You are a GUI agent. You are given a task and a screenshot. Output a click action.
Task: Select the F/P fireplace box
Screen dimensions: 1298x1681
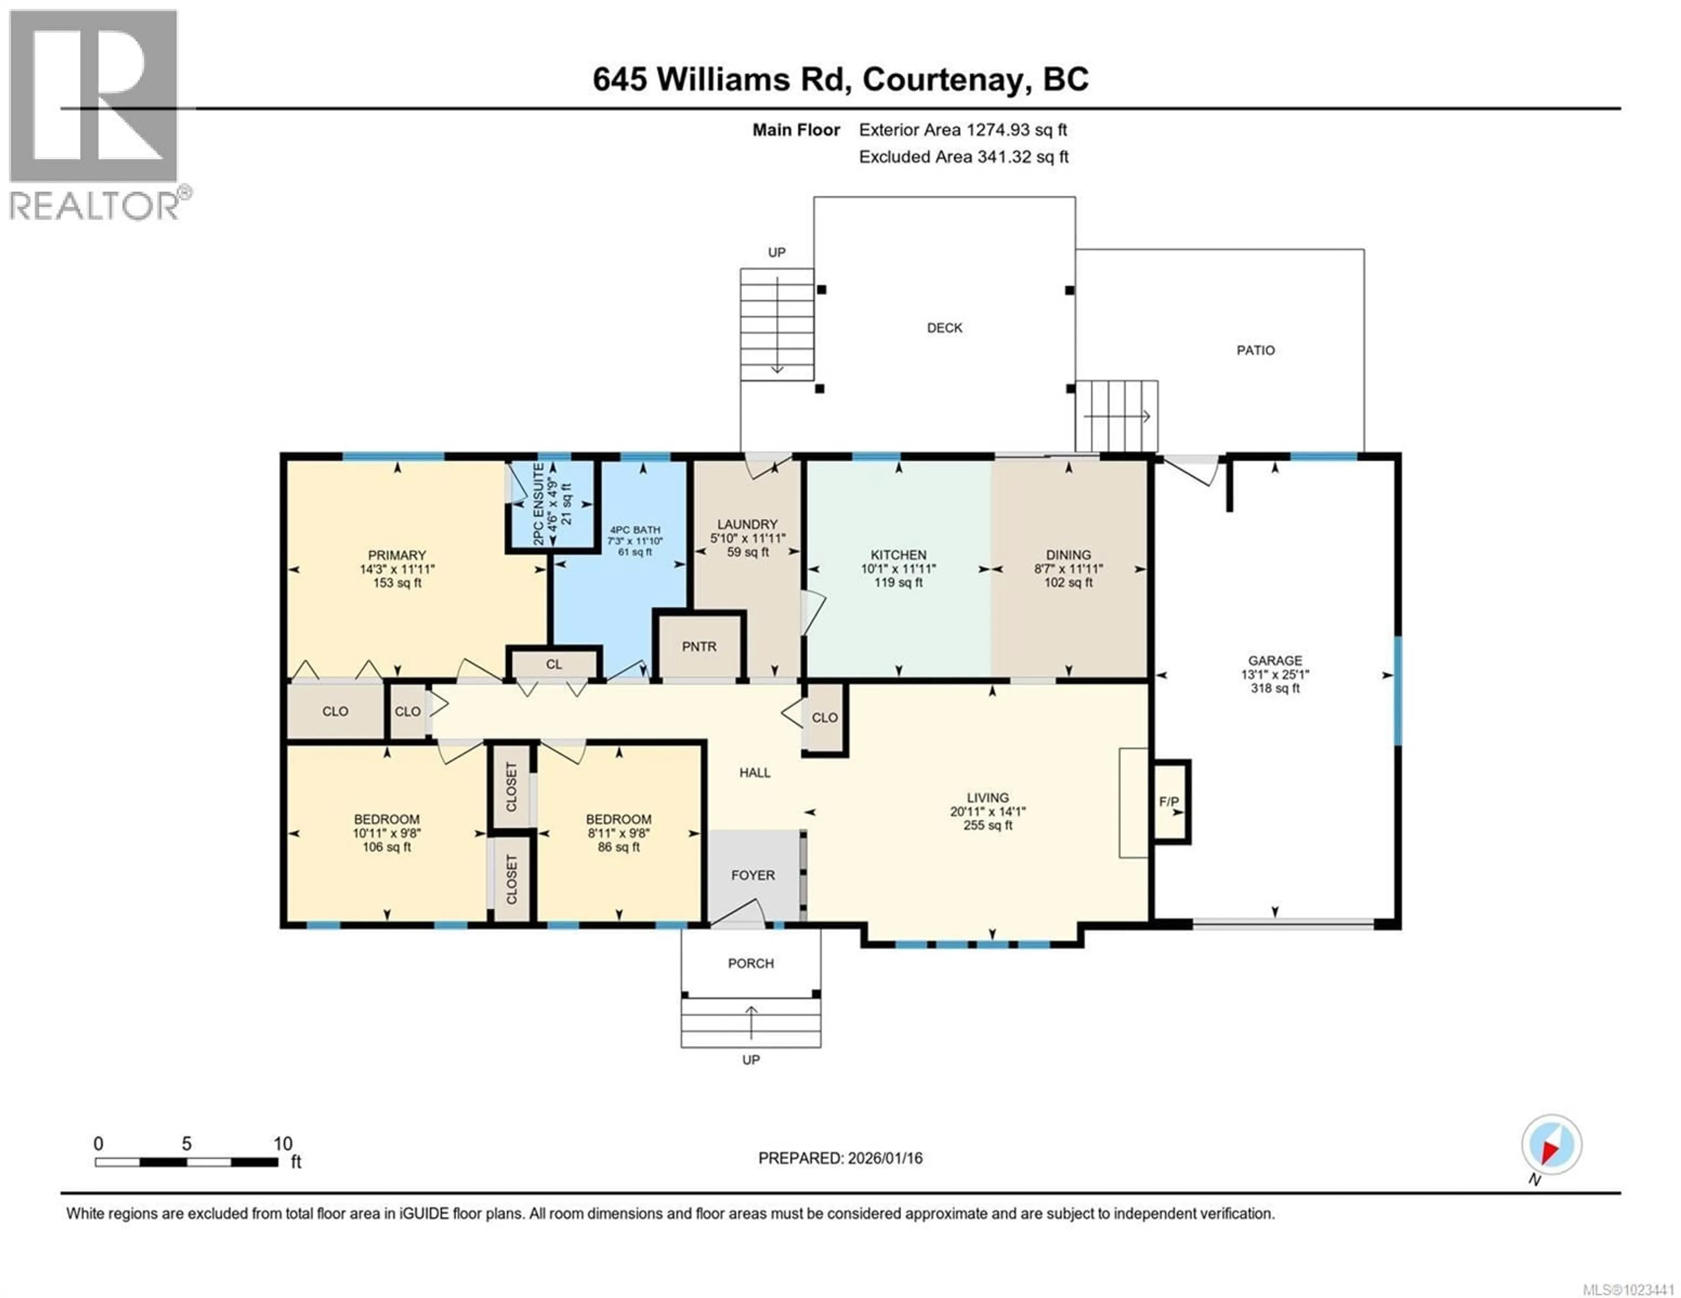(1169, 802)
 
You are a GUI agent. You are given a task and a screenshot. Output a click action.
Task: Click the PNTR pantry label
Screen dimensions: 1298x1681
(699, 646)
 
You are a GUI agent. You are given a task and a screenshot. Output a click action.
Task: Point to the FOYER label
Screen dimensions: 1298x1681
(753, 875)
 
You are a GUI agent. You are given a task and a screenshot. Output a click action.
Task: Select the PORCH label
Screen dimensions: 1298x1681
(750, 963)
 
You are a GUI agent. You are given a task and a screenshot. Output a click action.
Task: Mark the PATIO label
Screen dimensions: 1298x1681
(1255, 350)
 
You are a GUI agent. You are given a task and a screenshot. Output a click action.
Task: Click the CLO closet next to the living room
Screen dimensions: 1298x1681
(824, 717)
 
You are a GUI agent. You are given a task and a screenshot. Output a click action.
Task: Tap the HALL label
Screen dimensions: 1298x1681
(754, 773)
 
